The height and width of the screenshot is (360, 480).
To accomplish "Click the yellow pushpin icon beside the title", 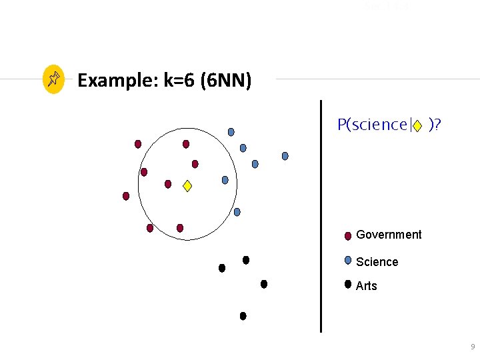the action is (x=53, y=80).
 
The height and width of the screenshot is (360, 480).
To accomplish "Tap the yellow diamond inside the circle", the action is (x=187, y=187).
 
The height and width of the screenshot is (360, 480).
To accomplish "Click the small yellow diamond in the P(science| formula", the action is (x=417, y=125).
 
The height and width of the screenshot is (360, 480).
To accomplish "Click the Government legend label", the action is (x=389, y=235).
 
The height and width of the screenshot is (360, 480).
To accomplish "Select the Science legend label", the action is (x=377, y=262).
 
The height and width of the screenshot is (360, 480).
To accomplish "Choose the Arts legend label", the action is (x=367, y=286).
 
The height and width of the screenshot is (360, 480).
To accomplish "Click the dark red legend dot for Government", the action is (x=348, y=235).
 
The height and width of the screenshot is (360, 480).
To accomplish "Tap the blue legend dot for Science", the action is (x=348, y=261).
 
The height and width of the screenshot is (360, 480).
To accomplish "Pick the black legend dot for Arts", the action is (x=348, y=284).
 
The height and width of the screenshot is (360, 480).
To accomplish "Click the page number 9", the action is (x=473, y=347).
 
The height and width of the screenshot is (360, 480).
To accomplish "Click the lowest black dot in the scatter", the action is (x=243, y=316).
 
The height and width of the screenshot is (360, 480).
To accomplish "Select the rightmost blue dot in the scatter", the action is (x=285, y=156).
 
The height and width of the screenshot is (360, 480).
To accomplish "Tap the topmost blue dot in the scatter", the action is (x=231, y=131).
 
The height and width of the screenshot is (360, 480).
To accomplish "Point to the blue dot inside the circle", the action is (x=225, y=180).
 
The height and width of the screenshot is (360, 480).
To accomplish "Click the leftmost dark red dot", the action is (x=125, y=196).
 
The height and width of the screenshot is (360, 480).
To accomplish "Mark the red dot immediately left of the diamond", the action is (x=168, y=184).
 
